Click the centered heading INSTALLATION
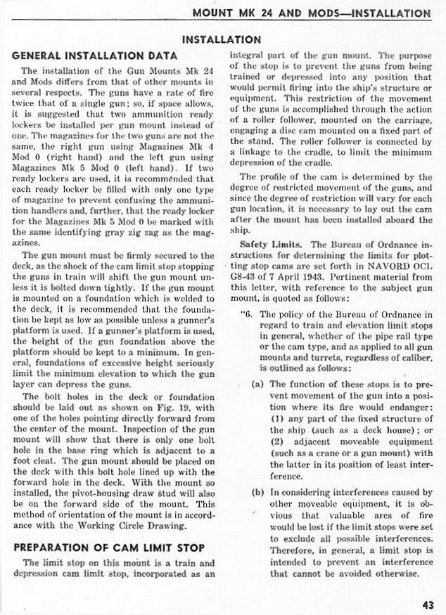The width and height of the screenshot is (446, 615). tap(222, 39)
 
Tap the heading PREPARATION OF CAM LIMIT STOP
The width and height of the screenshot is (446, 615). tap(108, 547)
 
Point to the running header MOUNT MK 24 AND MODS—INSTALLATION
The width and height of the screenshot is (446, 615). tap(312, 13)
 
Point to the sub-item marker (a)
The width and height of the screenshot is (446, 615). tap(257, 384)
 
